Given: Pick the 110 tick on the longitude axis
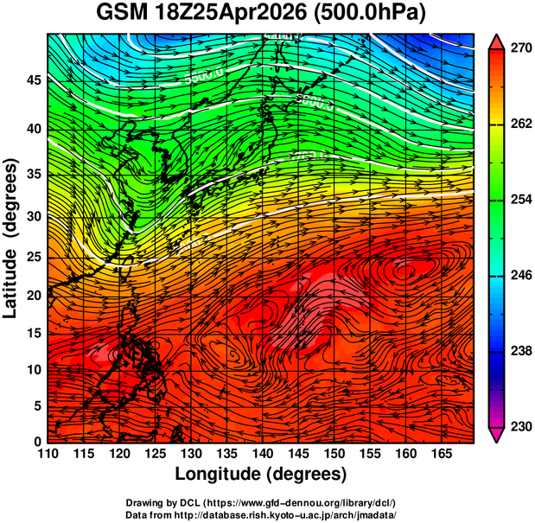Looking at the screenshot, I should (x=48, y=454).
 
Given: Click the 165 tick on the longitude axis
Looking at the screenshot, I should (x=438, y=454).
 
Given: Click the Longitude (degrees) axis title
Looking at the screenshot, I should (x=261, y=474).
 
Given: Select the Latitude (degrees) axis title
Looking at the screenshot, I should (x=11, y=238).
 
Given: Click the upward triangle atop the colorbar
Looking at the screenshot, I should (x=497, y=41).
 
